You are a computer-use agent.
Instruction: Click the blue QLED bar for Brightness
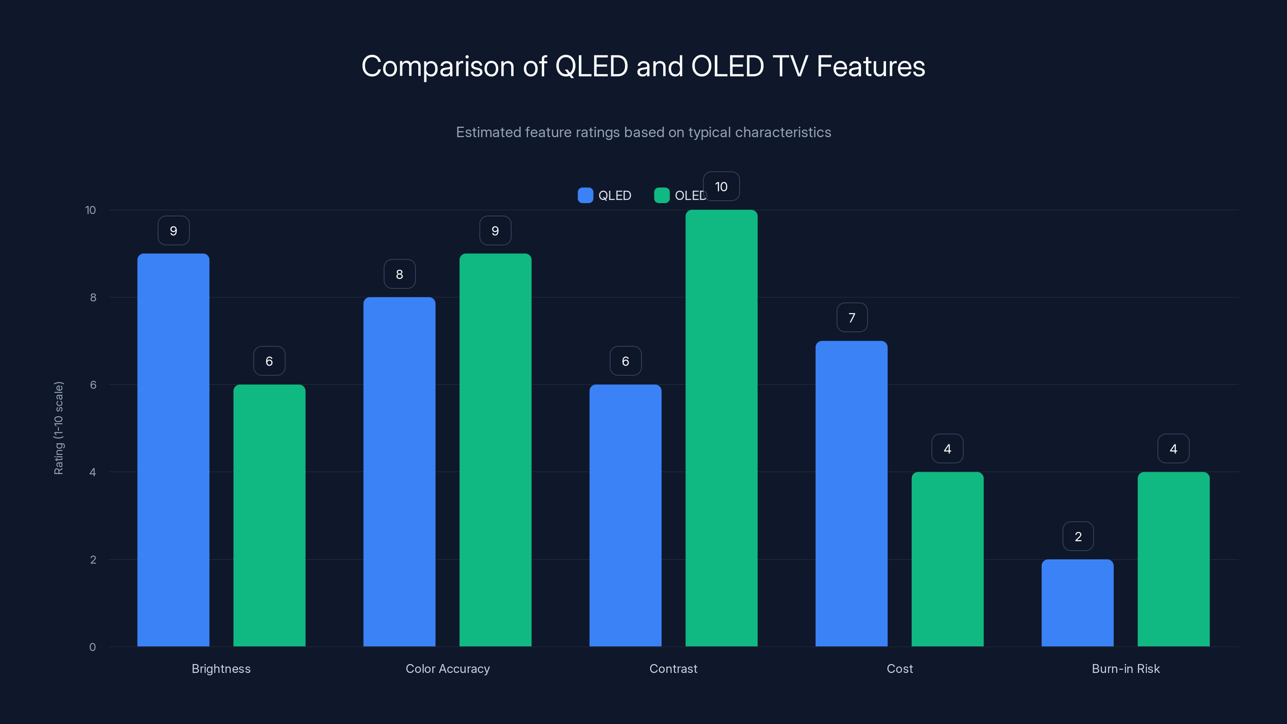(173, 450)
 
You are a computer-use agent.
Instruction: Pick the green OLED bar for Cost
(947, 559)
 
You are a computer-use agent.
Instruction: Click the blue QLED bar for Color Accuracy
(399, 472)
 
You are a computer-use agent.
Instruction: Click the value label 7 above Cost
(852, 317)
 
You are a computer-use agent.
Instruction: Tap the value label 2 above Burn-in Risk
(1078, 536)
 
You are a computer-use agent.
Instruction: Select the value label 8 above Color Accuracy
(399, 274)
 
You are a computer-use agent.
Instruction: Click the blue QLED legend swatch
(585, 195)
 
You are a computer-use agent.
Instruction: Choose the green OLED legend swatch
(662, 195)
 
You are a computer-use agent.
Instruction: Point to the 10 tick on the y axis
(90, 210)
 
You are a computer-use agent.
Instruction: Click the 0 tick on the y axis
(93, 647)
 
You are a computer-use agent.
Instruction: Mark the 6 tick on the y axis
(93, 385)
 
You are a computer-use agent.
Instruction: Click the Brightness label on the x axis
(221, 668)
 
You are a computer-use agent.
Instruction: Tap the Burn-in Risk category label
(1126, 668)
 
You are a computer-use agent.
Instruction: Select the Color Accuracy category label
(448, 668)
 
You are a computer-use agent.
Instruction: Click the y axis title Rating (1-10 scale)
(58, 428)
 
